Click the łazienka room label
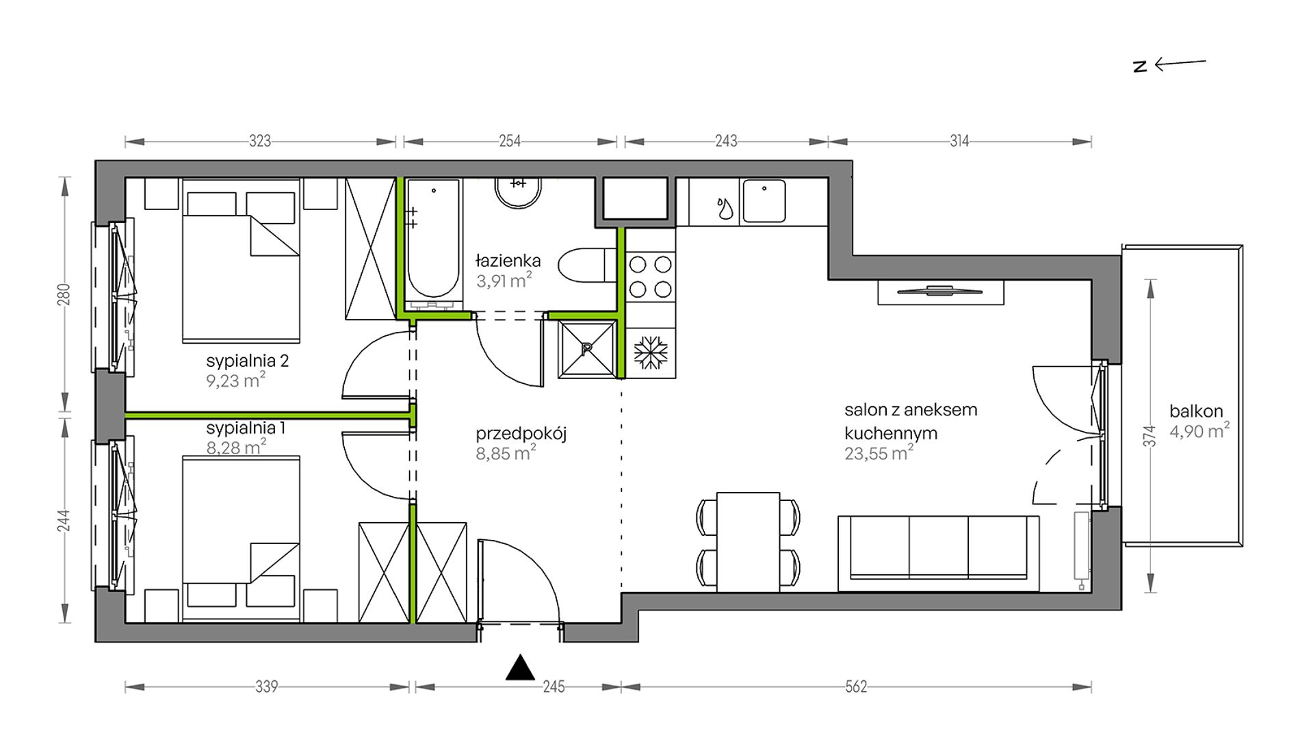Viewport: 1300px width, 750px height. point(508,261)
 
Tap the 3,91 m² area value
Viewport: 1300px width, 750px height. point(504,280)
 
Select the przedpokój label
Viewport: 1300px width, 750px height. point(521,434)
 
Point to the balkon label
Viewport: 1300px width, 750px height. point(1196,411)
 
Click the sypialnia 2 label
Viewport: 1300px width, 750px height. point(247,361)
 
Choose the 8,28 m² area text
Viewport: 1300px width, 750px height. point(236,448)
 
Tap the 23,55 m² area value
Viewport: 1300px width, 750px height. point(879,453)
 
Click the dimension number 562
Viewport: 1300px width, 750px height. point(856,686)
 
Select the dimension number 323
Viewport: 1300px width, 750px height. point(260,141)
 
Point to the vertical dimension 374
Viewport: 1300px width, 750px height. point(1149,436)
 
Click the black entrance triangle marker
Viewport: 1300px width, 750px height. point(520,668)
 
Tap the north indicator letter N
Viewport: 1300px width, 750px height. point(1140,66)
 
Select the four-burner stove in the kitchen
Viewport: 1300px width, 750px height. point(650,276)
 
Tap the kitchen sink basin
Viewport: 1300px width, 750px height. point(764,201)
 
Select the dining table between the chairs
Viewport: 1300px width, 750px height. point(748,542)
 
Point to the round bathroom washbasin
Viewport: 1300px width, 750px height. point(519,193)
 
